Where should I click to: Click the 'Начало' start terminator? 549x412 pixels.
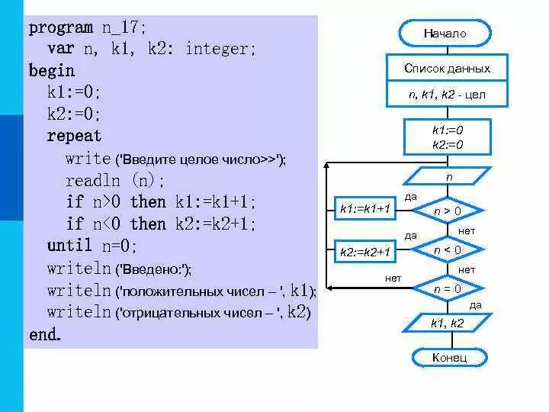click(445, 34)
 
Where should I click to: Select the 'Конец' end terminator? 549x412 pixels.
click(448, 357)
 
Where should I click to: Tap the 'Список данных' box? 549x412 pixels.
click(447, 69)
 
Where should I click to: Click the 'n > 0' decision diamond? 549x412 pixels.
click(448, 211)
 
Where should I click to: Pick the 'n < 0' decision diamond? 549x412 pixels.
click(448, 249)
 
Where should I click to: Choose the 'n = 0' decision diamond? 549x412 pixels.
click(448, 289)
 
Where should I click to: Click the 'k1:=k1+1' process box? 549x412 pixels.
click(364, 208)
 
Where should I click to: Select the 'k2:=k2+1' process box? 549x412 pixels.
click(364, 251)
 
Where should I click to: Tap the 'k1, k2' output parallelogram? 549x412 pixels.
click(447, 323)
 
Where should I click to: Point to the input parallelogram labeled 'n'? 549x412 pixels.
click(448, 176)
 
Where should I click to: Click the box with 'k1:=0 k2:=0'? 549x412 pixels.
click(448, 137)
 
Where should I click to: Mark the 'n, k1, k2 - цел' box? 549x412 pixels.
click(447, 95)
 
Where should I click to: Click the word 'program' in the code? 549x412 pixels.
click(62, 28)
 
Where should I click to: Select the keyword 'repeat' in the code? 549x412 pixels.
click(74, 137)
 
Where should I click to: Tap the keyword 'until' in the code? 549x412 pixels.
click(69, 246)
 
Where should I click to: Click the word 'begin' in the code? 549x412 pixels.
click(52, 71)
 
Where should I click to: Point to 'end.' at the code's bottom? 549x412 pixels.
click(45, 334)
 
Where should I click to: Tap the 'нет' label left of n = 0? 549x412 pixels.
click(393, 279)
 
